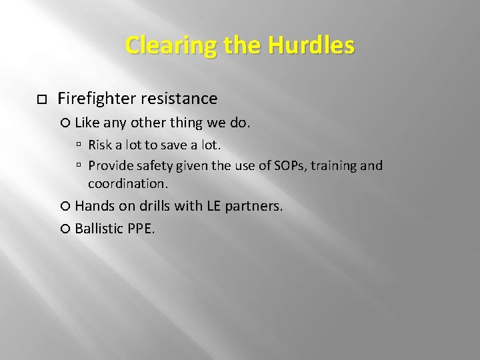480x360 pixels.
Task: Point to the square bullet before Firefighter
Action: click(x=41, y=99)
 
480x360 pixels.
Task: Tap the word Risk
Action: click(x=100, y=145)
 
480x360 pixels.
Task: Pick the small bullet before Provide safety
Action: click(x=79, y=165)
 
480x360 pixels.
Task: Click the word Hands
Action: click(x=95, y=207)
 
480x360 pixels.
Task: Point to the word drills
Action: click(x=155, y=207)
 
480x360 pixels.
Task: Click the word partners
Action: click(x=254, y=207)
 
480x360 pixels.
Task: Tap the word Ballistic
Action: click(x=99, y=229)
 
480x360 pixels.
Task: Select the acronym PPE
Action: click(x=141, y=229)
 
